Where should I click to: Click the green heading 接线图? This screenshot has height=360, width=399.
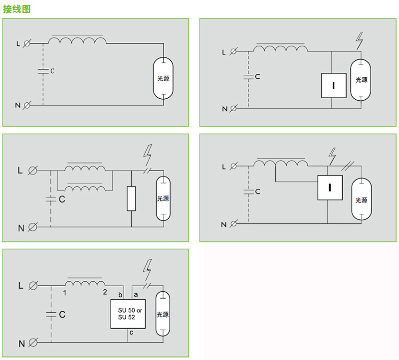coord(17,9)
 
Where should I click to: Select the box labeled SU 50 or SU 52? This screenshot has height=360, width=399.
coord(128,314)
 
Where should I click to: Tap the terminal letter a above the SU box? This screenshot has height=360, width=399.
coord(136,295)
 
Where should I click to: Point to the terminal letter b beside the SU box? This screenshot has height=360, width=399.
coord(120,295)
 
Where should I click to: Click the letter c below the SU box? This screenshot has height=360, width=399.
coord(131,332)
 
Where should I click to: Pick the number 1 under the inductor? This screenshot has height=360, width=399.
coord(65,293)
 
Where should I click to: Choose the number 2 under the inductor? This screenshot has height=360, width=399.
coord(105,292)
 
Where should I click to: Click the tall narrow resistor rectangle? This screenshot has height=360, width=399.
coord(131,198)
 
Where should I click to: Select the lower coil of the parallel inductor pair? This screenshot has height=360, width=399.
coord(85,188)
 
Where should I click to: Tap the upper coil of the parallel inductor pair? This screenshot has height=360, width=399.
coord(85,168)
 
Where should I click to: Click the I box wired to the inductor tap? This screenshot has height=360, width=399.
coord(330,187)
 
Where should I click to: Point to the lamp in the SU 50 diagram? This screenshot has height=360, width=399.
coord(163,314)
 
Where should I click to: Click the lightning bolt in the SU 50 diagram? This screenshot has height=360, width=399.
coord(147,270)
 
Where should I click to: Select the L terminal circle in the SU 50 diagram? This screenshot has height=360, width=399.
coord(33,286)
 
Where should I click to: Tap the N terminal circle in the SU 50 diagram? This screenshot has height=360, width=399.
coord(33,343)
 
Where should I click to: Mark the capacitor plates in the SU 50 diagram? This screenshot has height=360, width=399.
coord(51,314)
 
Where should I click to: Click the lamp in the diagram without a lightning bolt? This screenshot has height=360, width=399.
coord(163,78)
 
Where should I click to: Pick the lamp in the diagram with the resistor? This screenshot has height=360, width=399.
coord(163,198)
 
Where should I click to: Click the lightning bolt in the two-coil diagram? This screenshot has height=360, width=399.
coord(148,155)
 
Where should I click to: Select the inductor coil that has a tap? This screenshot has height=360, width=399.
coord(281,164)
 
